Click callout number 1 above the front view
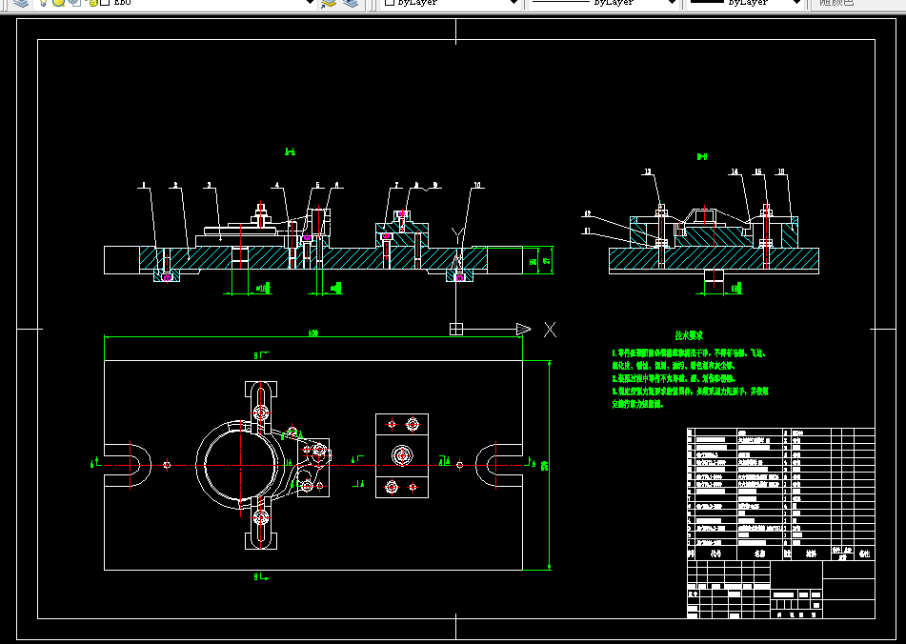(142, 185)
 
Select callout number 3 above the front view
(208, 185)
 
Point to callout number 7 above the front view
(395, 185)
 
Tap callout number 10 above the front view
(477, 185)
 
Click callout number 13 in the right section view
(649, 172)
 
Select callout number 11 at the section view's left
(588, 231)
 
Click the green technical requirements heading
(689, 336)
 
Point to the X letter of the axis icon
(550, 330)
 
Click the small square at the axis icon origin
(456, 330)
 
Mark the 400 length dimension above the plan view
(312, 333)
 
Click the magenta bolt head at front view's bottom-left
(168, 277)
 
